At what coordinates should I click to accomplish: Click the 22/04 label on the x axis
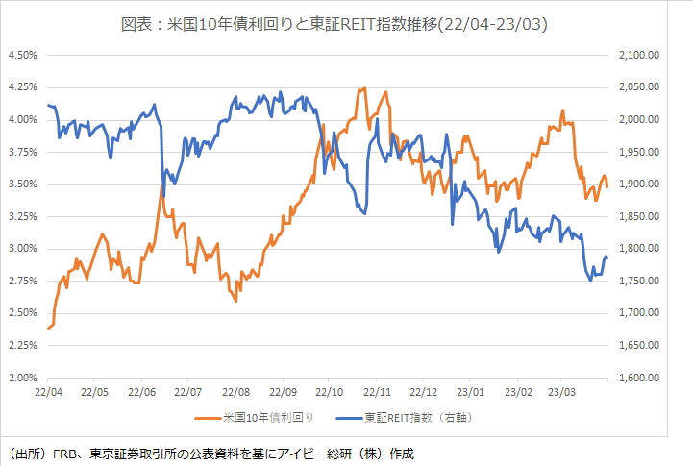[x=48, y=392]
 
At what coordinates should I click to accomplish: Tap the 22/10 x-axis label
[x=331, y=392]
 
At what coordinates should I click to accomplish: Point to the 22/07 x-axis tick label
[x=189, y=392]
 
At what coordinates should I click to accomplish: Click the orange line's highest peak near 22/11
[x=364, y=88]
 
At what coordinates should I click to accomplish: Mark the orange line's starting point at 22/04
[x=48, y=329]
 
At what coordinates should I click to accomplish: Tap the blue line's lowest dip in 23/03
[x=591, y=281]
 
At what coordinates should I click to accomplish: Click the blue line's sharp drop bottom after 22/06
[x=163, y=197]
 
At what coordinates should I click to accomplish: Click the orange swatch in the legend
[x=208, y=418]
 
